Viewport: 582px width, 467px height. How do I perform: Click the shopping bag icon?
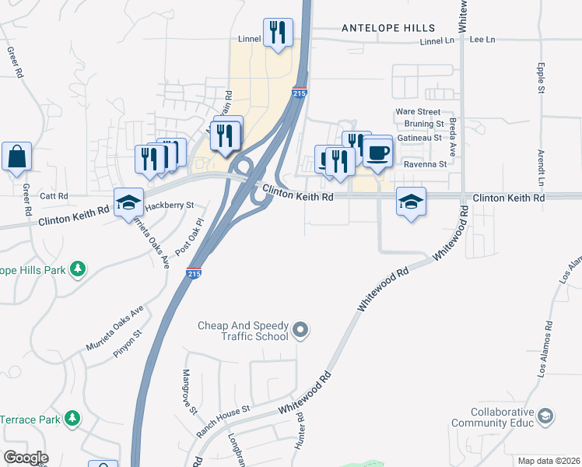click(x=16, y=156)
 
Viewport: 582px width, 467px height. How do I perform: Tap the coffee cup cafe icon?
click(x=379, y=152)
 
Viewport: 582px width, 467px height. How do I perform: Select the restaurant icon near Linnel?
click(x=278, y=33)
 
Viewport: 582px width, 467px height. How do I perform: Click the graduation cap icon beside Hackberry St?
click(x=128, y=203)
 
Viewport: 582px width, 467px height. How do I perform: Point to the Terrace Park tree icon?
click(x=72, y=419)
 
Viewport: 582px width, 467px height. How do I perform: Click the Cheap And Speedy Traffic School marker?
click(x=303, y=332)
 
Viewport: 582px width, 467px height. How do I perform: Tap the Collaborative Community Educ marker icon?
click(x=545, y=416)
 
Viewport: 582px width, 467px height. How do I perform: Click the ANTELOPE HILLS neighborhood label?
click(x=389, y=28)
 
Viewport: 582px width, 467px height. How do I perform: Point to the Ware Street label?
click(x=418, y=112)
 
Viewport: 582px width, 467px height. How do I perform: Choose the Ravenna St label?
click(x=426, y=164)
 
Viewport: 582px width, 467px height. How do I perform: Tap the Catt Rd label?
click(x=54, y=196)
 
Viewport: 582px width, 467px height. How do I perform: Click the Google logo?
click(x=25, y=458)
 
